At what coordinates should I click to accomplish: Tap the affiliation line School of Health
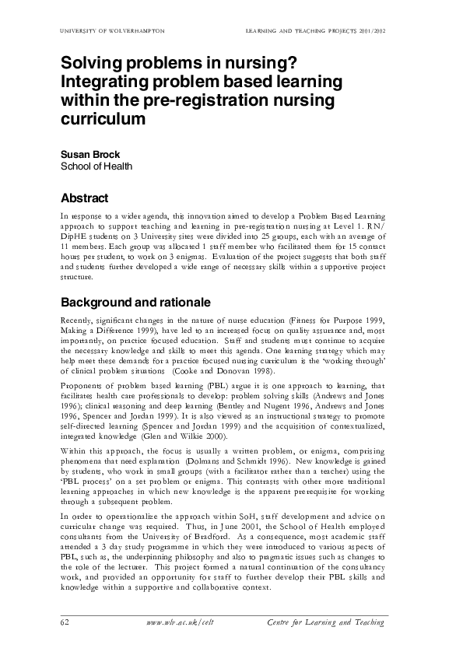96,166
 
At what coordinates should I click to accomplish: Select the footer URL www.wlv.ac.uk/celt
179,622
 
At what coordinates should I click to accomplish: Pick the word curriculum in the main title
103,121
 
